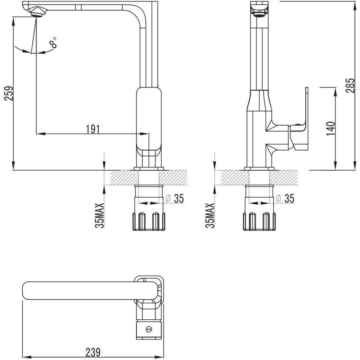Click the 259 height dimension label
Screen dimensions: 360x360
(9, 94)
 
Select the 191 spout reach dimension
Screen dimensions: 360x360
(93, 129)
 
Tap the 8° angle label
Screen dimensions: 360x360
(53, 43)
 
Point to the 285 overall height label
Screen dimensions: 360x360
(350, 85)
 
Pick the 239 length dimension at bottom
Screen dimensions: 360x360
(93, 352)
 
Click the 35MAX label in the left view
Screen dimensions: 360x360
(99, 215)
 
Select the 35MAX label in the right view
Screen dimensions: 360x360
(210, 215)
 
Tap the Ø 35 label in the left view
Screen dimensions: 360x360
(175, 198)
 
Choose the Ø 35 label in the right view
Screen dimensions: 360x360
(285, 198)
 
